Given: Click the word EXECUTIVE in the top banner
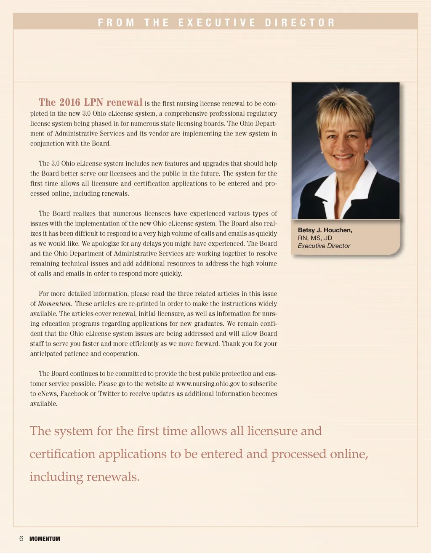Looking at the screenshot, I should pos(217,23).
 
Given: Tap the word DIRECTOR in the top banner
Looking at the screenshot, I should pos(300,23).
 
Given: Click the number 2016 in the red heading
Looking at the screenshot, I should pos(70,102).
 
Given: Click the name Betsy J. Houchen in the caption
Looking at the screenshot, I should pos(325,230).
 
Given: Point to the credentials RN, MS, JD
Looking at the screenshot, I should pos(315,238).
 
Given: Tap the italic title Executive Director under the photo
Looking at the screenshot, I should pos(324,246).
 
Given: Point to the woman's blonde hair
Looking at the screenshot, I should pos(345,105).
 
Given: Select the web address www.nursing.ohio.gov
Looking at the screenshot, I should pos(208,384).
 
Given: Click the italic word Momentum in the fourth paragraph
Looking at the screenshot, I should pos(55,304).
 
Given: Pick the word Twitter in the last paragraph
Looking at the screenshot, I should pos(109,394).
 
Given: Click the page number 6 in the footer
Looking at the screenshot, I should pos(21,539).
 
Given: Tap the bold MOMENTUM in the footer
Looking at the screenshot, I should pos(45,539).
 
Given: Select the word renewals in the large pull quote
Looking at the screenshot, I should pos(112,477).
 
